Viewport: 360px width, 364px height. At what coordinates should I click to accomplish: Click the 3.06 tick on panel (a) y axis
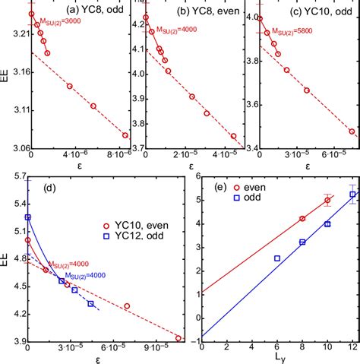pyautogui.click(x=17, y=148)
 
